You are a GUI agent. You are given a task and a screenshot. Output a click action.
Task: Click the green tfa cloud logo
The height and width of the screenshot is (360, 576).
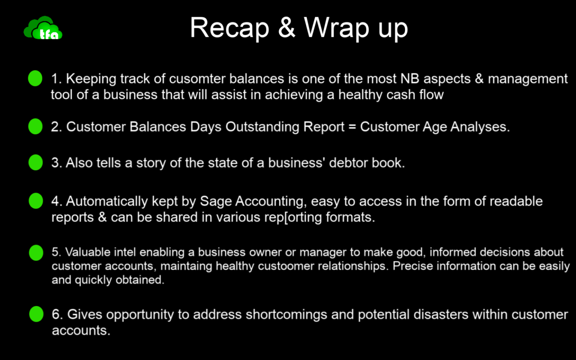43,28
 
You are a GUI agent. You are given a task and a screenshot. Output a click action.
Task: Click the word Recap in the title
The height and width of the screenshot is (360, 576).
229,28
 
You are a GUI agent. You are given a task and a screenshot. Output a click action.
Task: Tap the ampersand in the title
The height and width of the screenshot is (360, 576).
286,27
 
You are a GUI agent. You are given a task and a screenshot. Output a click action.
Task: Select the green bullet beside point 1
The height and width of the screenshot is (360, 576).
35,78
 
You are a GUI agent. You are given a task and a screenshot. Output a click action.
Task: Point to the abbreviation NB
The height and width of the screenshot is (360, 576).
410,78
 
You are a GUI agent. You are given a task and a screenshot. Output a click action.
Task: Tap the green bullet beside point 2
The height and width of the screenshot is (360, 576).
36,126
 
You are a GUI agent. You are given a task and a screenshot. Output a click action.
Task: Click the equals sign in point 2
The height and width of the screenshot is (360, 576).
352,127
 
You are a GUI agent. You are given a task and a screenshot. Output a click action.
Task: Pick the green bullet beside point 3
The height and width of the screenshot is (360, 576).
36,162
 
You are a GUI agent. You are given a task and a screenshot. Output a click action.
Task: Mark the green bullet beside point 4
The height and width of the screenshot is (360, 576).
36,201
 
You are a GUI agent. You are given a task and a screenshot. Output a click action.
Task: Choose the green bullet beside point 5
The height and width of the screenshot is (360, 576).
36,252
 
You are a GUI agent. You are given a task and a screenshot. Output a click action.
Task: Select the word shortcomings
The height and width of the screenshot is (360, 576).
286,315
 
